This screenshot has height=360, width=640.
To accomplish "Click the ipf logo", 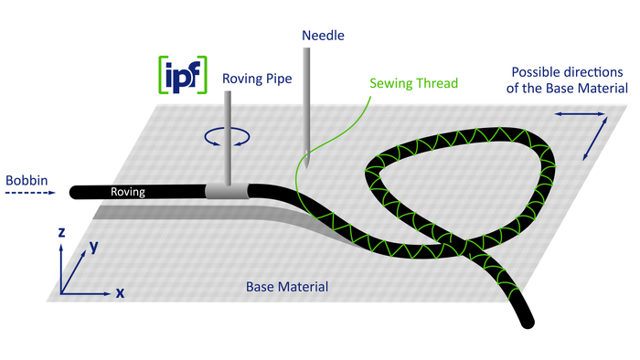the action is pyautogui.click(x=183, y=75).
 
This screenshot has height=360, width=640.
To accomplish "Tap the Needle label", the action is pyautogui.click(x=323, y=36).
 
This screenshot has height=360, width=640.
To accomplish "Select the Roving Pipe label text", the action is pyautogui.click(x=257, y=79).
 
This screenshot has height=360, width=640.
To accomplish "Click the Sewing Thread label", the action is pyautogui.click(x=413, y=83).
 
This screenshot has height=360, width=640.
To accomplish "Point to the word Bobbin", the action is pyautogui.click(x=27, y=180).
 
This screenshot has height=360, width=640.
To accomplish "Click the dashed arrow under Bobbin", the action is pyautogui.click(x=30, y=193).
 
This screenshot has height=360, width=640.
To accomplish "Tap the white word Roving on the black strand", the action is pyautogui.click(x=128, y=192).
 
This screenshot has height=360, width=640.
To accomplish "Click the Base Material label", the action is pyautogui.click(x=287, y=287).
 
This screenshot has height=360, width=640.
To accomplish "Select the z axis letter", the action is pyautogui.click(x=61, y=232).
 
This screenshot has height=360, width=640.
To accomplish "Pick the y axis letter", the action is pyautogui.click(x=94, y=246).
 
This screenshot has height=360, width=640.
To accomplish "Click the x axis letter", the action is pyautogui.click(x=120, y=292).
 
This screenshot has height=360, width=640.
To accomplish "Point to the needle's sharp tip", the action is pyautogui.click(x=306, y=167).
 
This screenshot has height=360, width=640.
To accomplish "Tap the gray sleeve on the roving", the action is pyautogui.click(x=227, y=191).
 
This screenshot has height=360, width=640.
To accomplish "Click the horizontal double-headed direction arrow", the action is pyautogui.click(x=580, y=114).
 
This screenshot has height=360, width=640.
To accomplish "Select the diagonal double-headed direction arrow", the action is pyautogui.click(x=594, y=139).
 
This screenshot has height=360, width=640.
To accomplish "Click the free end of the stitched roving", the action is pyautogui.click(x=528, y=323).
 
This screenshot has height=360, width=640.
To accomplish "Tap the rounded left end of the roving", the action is pyautogui.click(x=75, y=192).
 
